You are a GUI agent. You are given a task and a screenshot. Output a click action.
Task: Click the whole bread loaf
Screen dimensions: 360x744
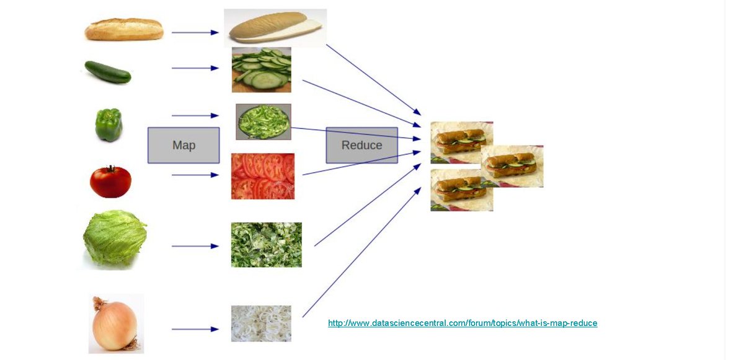[124, 29]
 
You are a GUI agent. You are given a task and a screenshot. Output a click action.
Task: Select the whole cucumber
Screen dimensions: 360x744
[108, 72]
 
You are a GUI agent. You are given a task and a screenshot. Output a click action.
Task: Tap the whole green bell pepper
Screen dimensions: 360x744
[108, 125]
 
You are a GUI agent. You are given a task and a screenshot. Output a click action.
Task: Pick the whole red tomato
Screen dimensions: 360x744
[110, 182]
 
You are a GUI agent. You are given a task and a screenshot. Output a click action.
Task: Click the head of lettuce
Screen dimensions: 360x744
[115, 239]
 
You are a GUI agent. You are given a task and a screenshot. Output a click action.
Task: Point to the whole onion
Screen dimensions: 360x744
[115, 324]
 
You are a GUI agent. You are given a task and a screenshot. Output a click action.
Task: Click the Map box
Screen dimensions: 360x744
[184, 145]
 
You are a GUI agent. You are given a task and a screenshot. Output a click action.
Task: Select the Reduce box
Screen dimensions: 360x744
[362, 145]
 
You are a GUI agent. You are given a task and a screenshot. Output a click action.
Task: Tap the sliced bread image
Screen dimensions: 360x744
[275, 28]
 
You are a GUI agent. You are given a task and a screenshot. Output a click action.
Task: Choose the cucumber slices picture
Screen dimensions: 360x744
[261, 69]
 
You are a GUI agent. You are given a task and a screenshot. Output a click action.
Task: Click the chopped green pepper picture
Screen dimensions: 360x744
[263, 121]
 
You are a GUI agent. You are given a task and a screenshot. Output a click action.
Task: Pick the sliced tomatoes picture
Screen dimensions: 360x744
[263, 177]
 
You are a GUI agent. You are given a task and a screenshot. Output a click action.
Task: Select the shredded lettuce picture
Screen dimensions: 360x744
[267, 245]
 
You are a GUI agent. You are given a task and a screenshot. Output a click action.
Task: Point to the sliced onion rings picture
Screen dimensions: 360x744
[261, 323]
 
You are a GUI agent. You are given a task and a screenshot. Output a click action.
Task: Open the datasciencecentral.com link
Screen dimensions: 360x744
[463, 323]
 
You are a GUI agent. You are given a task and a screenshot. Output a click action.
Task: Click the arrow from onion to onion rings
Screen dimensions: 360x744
[195, 329]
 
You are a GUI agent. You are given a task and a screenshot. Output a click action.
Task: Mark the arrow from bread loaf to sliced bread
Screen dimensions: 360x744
[195, 32]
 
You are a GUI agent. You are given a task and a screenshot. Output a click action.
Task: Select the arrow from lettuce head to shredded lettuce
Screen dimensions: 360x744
[195, 246]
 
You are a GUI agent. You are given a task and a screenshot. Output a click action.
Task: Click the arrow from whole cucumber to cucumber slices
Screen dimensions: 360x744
[195, 68]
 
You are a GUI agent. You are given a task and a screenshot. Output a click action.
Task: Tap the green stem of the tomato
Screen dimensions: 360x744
[111, 169]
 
